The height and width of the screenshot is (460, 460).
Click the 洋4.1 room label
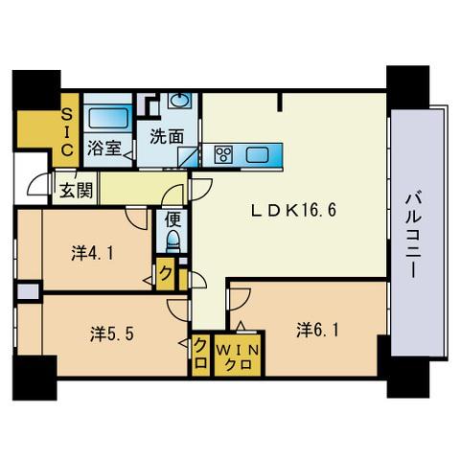point(92,255)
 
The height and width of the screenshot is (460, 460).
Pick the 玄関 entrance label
point(77,189)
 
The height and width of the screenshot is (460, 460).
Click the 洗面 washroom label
point(166,136)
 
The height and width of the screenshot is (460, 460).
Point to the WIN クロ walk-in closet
point(234,356)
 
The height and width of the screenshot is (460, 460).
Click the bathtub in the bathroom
point(108,118)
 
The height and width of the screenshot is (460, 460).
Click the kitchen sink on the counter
point(260,153)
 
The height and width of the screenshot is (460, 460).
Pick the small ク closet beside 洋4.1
point(167,273)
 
